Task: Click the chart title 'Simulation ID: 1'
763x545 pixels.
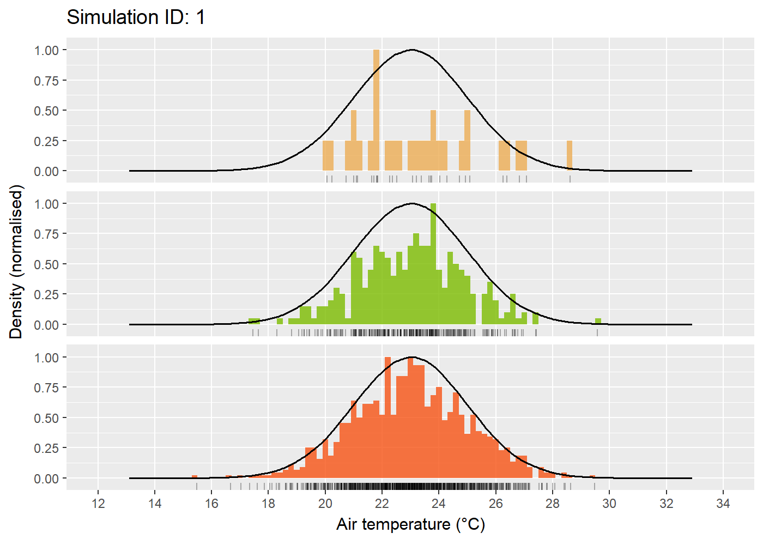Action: [136, 17]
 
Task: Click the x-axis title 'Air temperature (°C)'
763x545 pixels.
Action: [410, 524]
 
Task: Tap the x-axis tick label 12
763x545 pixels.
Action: [98, 504]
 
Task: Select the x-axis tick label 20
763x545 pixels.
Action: [325, 504]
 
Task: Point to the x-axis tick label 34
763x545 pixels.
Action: [723, 504]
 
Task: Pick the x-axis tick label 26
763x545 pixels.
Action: [495, 504]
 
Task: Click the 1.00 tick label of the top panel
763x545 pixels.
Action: [46, 50]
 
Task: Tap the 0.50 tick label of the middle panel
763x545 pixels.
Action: [46, 264]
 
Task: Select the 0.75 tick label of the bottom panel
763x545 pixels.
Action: [46, 388]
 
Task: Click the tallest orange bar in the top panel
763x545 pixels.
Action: [376, 109]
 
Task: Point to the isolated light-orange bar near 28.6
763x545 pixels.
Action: [570, 156]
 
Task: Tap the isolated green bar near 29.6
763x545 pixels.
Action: [598, 321]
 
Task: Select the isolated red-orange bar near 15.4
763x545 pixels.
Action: [195, 476]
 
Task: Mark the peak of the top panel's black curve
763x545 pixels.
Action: [412, 50]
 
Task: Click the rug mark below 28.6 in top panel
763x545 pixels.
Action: [570, 179]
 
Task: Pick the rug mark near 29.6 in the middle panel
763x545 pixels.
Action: [597, 332]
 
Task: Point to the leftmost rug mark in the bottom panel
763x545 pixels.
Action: [197, 486]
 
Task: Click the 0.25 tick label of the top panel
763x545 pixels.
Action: [46, 141]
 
